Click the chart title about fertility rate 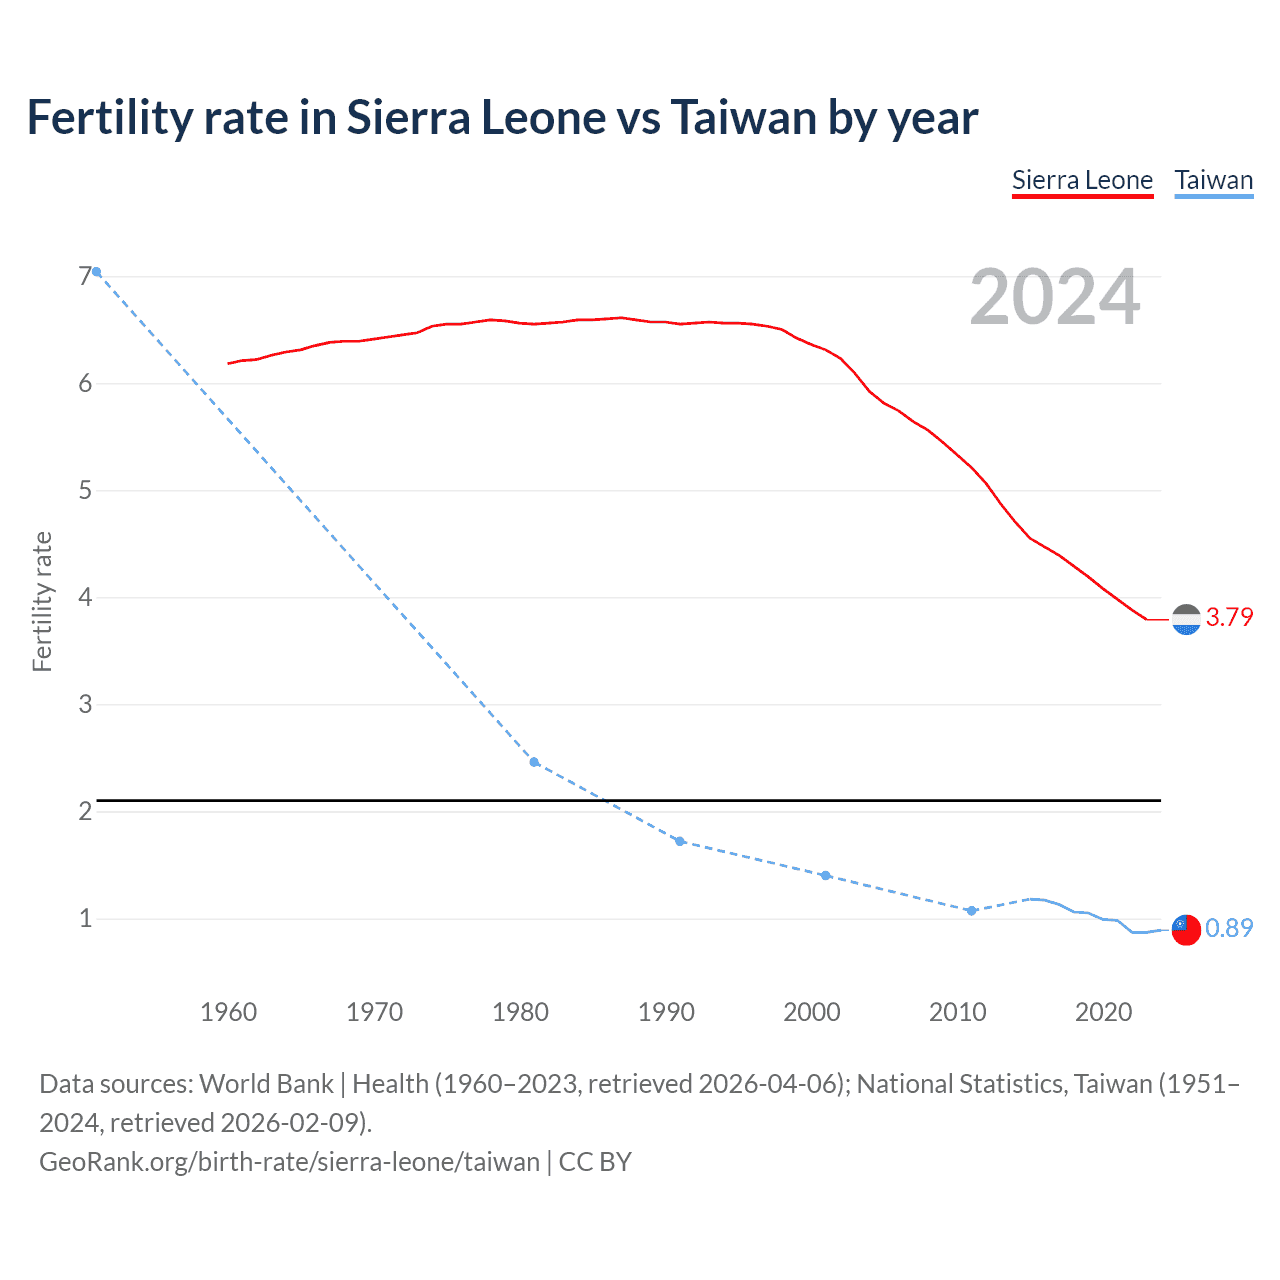[x=502, y=118]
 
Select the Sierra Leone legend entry [x=1082, y=181]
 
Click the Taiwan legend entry [x=1213, y=181]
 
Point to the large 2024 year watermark [x=1054, y=298]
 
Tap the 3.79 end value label [x=1229, y=618]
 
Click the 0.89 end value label [x=1229, y=929]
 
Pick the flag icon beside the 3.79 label [x=1186, y=620]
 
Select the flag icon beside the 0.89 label [x=1186, y=930]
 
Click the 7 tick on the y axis [x=85, y=276]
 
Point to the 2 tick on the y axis [x=85, y=811]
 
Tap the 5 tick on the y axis [x=85, y=490]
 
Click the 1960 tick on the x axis [x=229, y=1012]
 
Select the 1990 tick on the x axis [x=666, y=1012]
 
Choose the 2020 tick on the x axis [x=1103, y=1012]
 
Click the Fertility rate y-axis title [x=42, y=601]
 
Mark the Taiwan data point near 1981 [x=534, y=762]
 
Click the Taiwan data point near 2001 [x=825, y=875]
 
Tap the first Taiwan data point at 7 [x=96, y=272]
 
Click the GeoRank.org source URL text [x=290, y=1162]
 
